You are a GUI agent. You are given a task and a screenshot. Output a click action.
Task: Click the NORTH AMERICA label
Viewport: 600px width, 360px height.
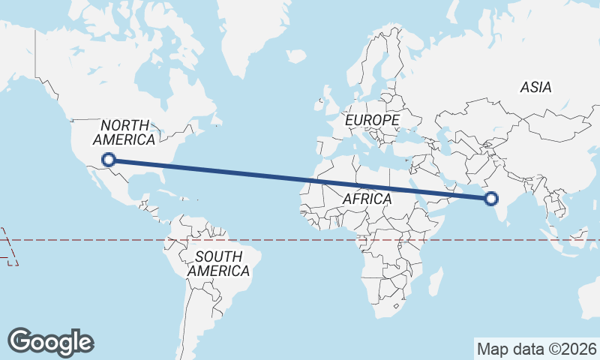pyautogui.click(x=124, y=133)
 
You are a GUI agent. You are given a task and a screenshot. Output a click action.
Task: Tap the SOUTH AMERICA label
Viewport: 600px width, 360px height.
pyautogui.click(x=218, y=264)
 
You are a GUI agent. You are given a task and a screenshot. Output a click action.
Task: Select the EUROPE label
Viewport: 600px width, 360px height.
pyautogui.click(x=372, y=120)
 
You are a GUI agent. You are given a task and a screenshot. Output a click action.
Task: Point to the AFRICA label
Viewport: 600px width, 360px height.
pyautogui.click(x=367, y=199)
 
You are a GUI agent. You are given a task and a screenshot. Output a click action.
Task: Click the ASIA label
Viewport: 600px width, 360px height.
pyautogui.click(x=535, y=88)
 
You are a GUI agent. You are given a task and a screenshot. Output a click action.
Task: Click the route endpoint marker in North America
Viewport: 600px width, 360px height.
pyautogui.click(x=109, y=159)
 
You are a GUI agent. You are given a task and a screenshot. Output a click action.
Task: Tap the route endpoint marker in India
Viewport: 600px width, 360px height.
pyautogui.click(x=491, y=199)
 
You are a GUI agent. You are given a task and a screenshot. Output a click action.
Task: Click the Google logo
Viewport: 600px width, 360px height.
pyautogui.click(x=50, y=342)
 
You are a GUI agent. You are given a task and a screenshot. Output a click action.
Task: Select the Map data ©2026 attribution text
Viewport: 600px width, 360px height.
pyautogui.click(x=537, y=349)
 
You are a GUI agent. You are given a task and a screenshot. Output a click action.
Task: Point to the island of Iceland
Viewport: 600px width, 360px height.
pyautogui.click(x=297, y=56)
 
